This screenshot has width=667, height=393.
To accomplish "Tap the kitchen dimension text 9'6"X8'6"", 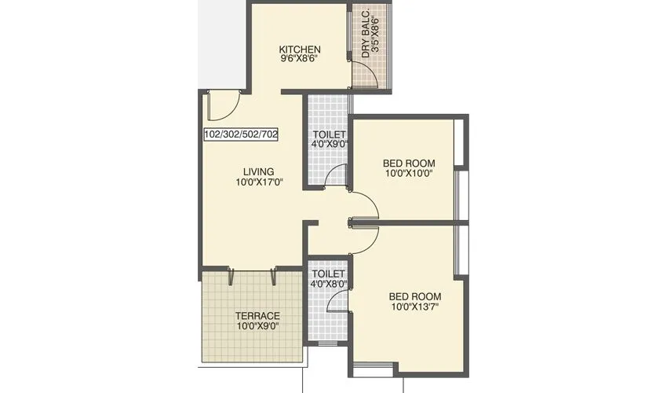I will point(300,59).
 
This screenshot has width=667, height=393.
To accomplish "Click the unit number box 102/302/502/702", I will point(241,134).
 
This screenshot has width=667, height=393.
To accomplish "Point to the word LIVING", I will point(258,171).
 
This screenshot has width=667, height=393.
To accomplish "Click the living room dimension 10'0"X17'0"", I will point(259,182).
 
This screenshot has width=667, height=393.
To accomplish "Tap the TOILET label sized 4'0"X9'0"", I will point(329,134).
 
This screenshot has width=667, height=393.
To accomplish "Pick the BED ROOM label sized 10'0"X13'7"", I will point(415,296).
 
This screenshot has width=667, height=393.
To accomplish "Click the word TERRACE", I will point(258,316).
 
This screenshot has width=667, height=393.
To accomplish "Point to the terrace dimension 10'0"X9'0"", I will point(258,326).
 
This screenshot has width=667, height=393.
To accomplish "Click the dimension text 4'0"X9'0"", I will point(329,145).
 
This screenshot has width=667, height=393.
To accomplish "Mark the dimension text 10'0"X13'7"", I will point(415,307).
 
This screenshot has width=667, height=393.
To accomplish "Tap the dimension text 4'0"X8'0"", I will point(329,283).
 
